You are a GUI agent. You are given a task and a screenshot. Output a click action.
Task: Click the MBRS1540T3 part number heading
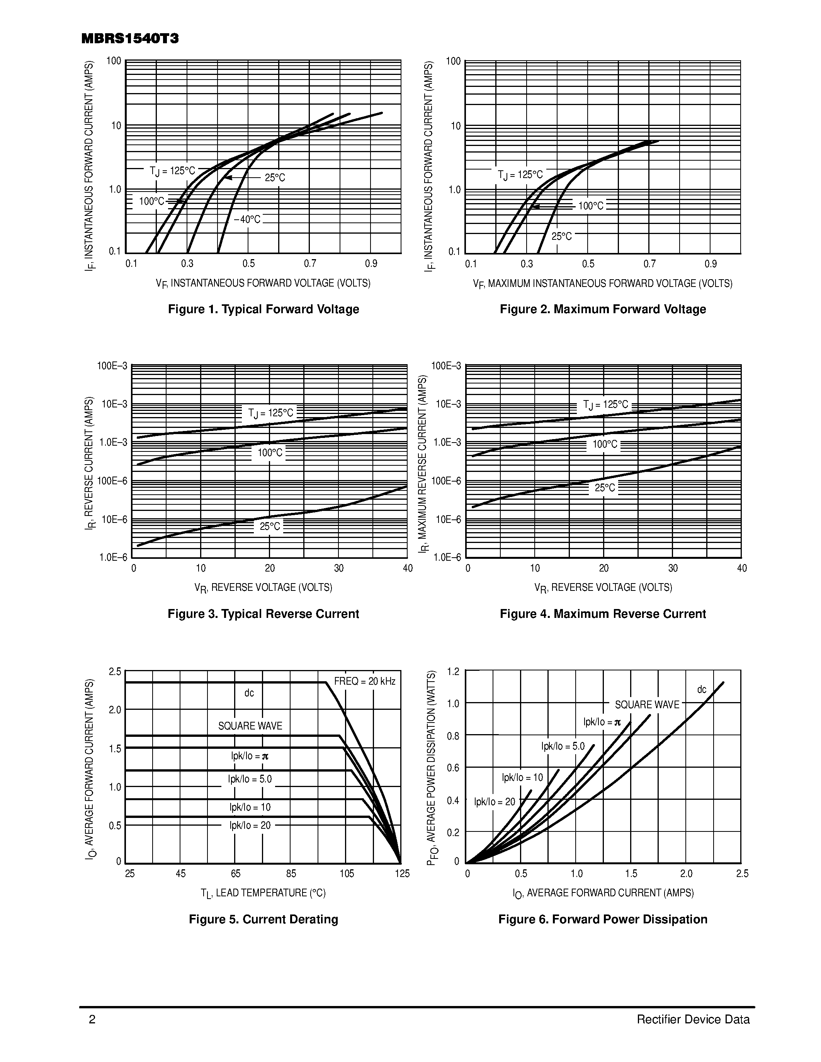point(130,39)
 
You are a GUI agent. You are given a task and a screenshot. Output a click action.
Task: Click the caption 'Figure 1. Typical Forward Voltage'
point(263,309)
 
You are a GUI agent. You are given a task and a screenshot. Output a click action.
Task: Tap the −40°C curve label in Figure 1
point(247,220)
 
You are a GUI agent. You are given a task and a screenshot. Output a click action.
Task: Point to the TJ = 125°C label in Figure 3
point(271,413)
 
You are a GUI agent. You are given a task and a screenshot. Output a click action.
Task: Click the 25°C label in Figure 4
point(605,488)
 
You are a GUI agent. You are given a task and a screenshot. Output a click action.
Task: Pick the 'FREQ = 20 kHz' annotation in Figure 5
point(365,681)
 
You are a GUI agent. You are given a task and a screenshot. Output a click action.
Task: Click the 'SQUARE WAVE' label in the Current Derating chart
point(250,726)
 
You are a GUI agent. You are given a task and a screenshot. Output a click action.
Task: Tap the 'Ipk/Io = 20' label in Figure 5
point(250,825)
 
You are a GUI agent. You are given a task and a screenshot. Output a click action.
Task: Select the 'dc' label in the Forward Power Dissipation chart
point(701,689)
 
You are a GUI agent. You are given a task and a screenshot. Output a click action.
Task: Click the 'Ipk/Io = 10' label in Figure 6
point(522,777)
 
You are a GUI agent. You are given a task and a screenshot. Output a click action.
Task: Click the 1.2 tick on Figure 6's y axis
point(453,672)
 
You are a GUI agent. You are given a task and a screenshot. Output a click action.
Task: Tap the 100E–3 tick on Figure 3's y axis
point(112,366)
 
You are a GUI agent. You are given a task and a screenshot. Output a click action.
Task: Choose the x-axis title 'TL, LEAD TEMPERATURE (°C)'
point(263,893)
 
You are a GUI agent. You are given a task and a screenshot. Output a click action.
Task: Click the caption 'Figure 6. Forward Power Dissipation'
point(603,919)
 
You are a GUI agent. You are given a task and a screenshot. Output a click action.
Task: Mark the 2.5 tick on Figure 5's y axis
point(115,672)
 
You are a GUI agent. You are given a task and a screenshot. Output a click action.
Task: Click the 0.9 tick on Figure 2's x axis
point(711,264)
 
